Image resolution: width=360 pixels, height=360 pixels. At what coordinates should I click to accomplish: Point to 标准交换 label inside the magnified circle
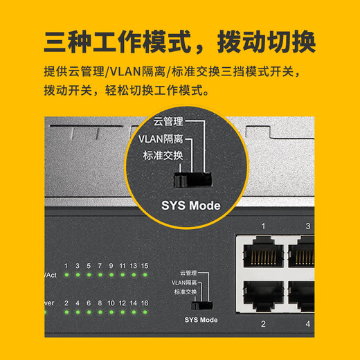click(163, 156)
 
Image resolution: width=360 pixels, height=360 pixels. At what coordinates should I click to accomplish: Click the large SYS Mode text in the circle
click(190, 205)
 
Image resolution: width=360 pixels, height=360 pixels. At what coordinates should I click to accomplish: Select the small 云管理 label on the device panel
click(189, 273)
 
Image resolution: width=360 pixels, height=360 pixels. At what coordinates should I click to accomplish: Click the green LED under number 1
click(66, 276)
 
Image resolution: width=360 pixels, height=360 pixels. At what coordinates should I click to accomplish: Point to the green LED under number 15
click(144, 276)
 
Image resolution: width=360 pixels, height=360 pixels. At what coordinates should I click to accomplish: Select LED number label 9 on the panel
click(111, 265)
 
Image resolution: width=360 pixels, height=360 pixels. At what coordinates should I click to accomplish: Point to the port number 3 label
click(308, 226)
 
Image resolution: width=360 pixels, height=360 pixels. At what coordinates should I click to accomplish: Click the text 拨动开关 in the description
click(66, 91)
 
